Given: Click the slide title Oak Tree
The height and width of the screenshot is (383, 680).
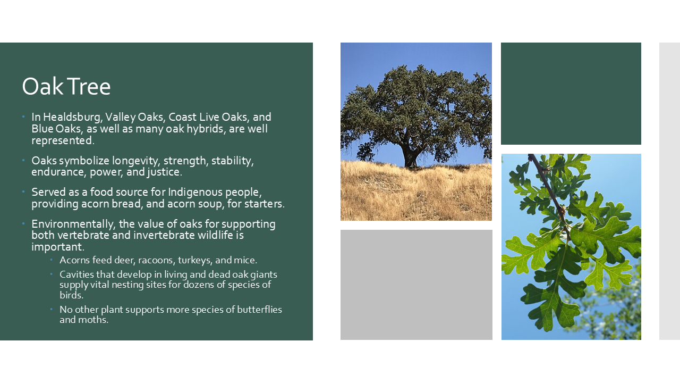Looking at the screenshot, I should click(66, 87).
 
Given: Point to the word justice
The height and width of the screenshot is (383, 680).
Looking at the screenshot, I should click(164, 172).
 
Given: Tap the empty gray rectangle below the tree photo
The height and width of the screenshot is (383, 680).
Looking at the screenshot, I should click(416, 285).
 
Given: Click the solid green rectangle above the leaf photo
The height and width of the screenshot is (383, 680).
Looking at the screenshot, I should click(571, 94).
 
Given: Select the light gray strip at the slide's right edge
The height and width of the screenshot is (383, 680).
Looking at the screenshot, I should click(669, 191).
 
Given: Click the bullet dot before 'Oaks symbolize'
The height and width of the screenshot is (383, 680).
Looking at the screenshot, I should click(23, 160).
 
